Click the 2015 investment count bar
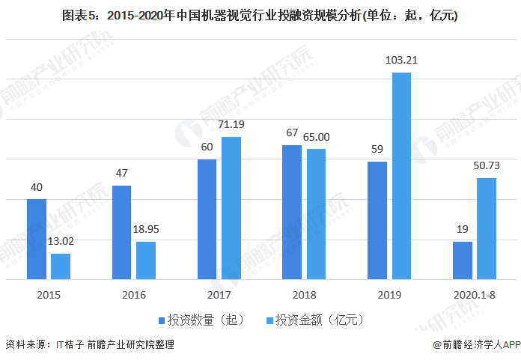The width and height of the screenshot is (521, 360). click(x=37, y=239)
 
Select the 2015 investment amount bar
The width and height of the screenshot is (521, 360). click(x=61, y=266)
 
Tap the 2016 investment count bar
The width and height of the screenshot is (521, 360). click(x=121, y=232)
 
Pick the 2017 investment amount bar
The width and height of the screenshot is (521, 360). click(x=231, y=208)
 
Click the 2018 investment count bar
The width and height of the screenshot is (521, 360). click(x=292, y=212)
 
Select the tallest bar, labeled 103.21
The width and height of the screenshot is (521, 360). click(x=401, y=176)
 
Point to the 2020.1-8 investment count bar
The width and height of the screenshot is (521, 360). click(x=463, y=260)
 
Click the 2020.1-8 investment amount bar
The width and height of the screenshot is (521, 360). click(x=487, y=228)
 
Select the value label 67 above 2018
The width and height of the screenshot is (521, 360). click(x=292, y=132)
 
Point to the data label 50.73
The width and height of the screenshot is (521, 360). click(x=487, y=165)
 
